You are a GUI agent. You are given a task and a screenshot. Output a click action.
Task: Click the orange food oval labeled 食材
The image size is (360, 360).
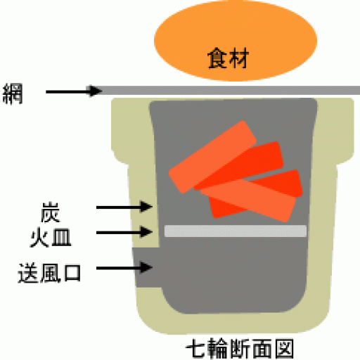(236, 41)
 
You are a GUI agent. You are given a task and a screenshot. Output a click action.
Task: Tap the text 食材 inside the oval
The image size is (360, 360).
(228, 58)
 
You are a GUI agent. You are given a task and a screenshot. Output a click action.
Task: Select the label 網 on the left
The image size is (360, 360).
(13, 94)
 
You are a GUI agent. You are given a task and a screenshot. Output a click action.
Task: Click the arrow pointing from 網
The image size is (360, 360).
(74, 91)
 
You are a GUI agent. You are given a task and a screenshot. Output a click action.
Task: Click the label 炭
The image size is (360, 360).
(51, 212)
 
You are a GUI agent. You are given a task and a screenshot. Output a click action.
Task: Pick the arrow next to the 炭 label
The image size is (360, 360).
(124, 207)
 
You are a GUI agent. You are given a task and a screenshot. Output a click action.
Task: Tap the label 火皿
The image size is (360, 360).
(51, 238)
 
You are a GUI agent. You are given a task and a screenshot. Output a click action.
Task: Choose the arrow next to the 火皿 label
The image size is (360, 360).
(124, 232)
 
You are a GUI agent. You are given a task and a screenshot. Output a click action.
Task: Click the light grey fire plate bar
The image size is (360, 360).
(236, 231)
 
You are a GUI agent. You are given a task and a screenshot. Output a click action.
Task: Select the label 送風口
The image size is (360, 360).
(49, 273)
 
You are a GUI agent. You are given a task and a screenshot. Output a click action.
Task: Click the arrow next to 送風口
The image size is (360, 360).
(124, 267)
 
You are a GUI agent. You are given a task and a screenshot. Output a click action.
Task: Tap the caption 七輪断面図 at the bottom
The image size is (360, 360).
(240, 349)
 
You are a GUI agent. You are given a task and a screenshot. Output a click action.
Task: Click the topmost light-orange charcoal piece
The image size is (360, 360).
(212, 157)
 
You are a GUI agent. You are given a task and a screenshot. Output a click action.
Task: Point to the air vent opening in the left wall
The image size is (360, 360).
(146, 267)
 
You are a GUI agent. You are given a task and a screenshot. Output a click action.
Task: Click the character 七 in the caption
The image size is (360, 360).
(195, 349)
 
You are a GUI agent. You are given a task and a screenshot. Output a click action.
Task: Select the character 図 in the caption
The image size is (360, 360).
(284, 349)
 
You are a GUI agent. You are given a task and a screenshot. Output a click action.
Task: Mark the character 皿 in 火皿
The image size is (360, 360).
(61, 238)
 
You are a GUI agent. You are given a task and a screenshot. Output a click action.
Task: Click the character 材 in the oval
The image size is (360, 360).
(239, 58)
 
